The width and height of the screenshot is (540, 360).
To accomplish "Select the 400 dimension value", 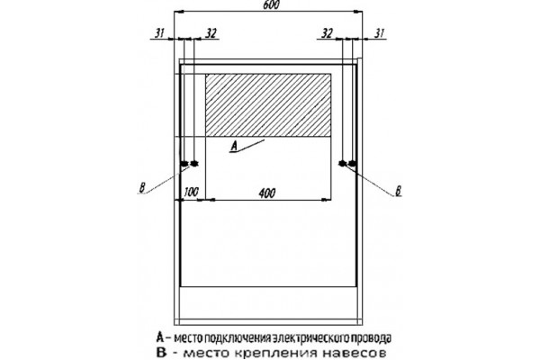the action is click(267, 193).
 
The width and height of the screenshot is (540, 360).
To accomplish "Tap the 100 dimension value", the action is click(191, 192).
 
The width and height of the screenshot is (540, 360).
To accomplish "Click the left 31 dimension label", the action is click(159, 33).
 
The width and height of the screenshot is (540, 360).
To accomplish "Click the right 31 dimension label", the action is click(379, 33).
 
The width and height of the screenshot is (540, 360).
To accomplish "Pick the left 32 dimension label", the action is click(211, 33).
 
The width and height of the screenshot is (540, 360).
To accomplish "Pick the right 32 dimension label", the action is click(328, 33).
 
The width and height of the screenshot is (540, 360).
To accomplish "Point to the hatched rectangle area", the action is click(268, 104).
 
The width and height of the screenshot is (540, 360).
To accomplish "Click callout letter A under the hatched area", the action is click(234, 147).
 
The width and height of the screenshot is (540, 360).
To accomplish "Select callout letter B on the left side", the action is click(142, 188).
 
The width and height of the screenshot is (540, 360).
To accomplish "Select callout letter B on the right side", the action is click(398, 191).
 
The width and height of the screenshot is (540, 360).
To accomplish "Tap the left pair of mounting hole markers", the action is click(189, 164).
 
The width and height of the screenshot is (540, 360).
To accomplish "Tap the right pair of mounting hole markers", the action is click(347, 164).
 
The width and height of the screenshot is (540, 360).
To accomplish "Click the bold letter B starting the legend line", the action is click(161, 353).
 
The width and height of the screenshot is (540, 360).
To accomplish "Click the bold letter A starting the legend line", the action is click(160, 337).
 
